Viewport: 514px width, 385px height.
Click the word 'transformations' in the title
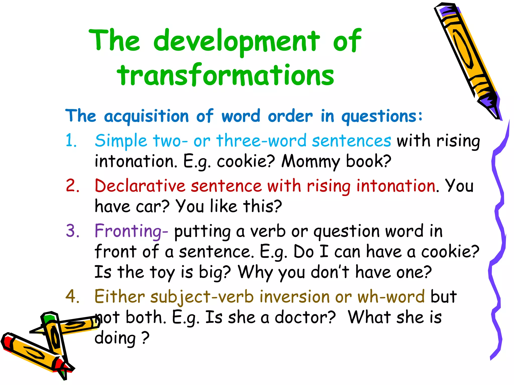coord(225,75)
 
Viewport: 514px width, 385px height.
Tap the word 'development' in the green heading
coord(236,41)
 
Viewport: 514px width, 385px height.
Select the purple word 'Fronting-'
coord(131,231)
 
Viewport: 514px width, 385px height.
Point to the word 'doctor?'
coord(305,317)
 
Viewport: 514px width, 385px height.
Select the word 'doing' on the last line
coord(115,338)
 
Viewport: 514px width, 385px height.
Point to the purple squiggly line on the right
coord(498,226)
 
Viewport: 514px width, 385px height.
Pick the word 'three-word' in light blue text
coord(261,140)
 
